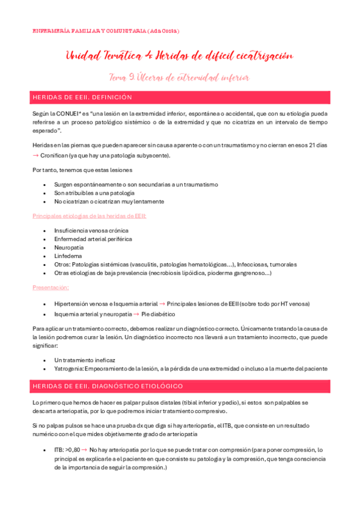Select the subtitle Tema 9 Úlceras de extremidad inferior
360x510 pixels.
(179, 78)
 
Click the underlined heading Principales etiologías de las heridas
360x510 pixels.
(90, 215)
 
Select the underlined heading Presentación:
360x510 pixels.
(50, 287)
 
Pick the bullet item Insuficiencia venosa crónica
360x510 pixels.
(91, 230)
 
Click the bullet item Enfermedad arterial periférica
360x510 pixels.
(93, 239)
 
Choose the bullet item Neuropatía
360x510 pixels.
(69, 247)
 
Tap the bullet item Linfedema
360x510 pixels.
(67, 256)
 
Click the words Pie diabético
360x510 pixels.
(159, 314)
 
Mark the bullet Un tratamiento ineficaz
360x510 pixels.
(85, 360)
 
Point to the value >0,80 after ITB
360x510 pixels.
(72, 449)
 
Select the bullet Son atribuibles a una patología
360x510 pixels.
(94, 192)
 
